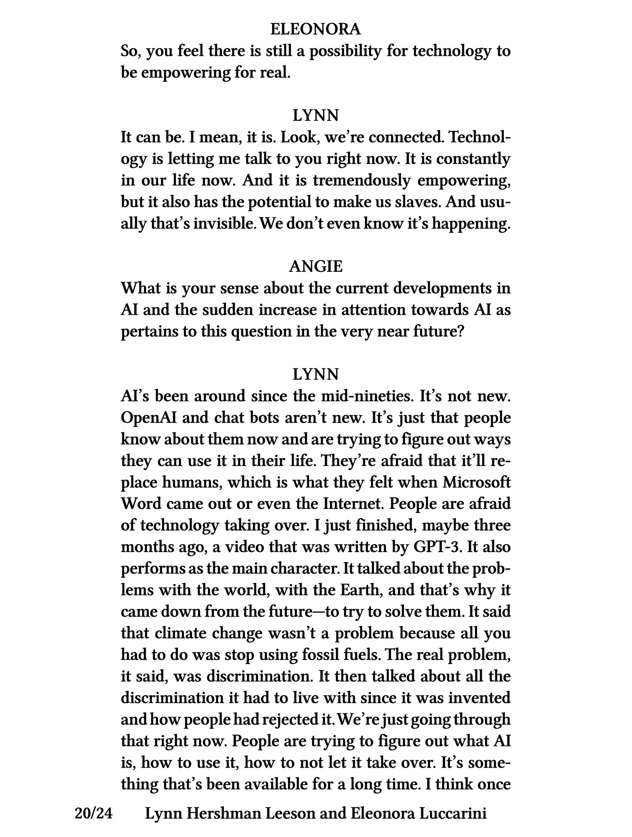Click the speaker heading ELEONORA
pos(316,29)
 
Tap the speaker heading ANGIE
pos(316,267)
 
